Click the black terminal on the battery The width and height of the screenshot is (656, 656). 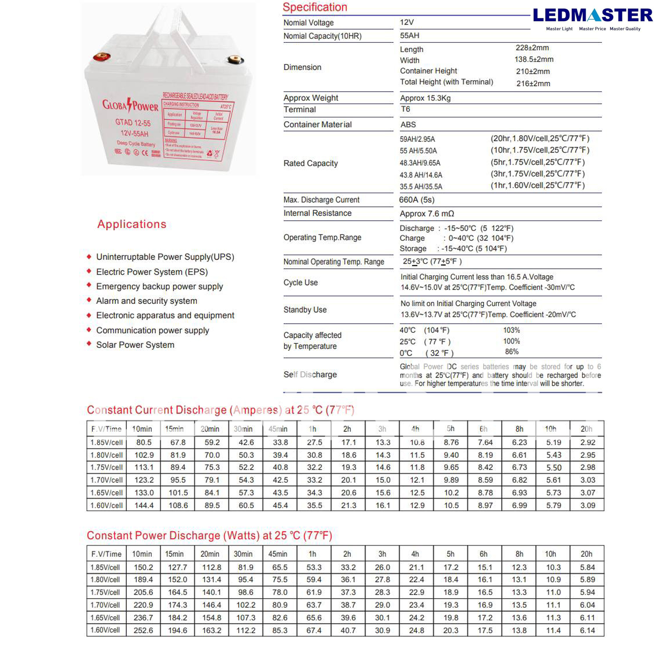pyautogui.click(x=236, y=60)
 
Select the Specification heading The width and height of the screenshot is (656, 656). pyautogui.click(x=314, y=7)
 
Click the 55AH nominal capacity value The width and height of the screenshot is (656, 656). pyautogui.click(x=409, y=35)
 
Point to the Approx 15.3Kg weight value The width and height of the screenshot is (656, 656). pyautogui.click(x=425, y=98)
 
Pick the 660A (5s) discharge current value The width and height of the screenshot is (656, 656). pyautogui.click(x=416, y=200)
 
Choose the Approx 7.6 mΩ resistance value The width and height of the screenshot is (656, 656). pyautogui.click(x=426, y=213)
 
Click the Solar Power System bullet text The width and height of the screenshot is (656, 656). pyautogui.click(x=135, y=345)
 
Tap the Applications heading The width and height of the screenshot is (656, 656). pyautogui.click(x=132, y=224)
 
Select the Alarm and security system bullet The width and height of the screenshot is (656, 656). pyautogui.click(x=147, y=301)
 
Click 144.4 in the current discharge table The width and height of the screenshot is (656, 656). pyautogui.click(x=144, y=505)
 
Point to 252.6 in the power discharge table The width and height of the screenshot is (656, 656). pyautogui.click(x=143, y=630)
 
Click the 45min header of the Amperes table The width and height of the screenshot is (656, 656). pyautogui.click(x=278, y=429)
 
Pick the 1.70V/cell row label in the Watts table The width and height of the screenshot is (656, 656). pyautogui.click(x=105, y=605)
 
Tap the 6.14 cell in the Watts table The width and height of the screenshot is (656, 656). pyautogui.click(x=587, y=630)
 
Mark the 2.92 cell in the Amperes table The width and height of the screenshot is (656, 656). pyautogui.click(x=587, y=442)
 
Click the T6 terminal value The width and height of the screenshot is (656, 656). pyautogui.click(x=405, y=109)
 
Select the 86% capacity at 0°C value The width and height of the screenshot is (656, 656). pyautogui.click(x=511, y=352)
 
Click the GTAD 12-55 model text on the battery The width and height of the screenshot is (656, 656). pyautogui.click(x=133, y=123)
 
